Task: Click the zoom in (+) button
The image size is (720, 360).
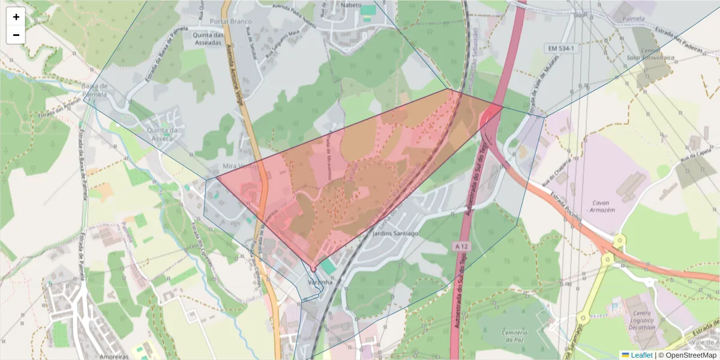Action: tap(16, 17)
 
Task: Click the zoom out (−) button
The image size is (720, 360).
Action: tap(16, 35)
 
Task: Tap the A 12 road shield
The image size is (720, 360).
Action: tap(461, 247)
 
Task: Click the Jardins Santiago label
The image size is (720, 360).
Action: tap(394, 233)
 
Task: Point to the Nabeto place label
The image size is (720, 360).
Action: tap(351, 5)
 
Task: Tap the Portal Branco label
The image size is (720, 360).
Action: tap(231, 22)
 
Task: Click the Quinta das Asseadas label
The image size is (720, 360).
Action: tap(208, 39)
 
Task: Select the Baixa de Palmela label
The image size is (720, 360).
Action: tap(94, 90)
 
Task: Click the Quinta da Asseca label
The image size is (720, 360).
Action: tap(158, 134)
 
